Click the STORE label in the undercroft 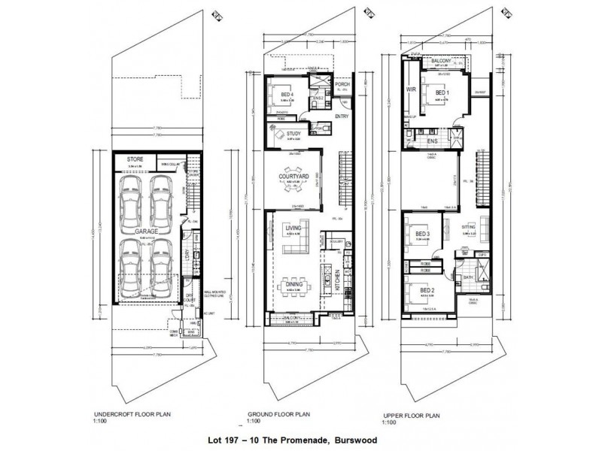(x=135, y=159)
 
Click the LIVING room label (x=293, y=226)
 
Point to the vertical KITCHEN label (x=338, y=281)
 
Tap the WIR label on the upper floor (x=411, y=88)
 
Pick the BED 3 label (x=422, y=235)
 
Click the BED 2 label (x=427, y=290)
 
